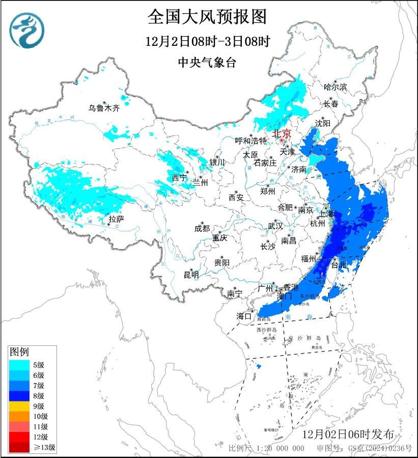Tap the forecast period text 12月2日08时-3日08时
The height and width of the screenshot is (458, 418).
click(x=207, y=41)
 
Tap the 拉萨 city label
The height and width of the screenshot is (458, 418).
click(x=116, y=219)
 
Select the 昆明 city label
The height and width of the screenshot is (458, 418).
click(x=191, y=275)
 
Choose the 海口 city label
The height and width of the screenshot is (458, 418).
click(x=244, y=316)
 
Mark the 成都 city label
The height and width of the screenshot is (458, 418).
click(x=202, y=229)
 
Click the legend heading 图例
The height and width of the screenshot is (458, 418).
click(x=19, y=352)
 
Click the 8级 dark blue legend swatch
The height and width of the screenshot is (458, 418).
click(x=19, y=395)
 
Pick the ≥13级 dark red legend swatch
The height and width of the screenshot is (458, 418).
click(x=19, y=447)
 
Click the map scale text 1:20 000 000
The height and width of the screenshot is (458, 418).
click(x=280, y=448)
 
